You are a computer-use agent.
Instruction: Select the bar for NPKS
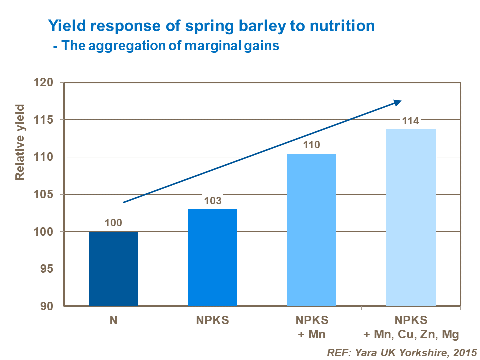[212, 257]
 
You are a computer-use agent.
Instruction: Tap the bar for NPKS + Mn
[311, 230]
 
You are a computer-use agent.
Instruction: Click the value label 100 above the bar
[113, 223]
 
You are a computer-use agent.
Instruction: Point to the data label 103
[212, 200]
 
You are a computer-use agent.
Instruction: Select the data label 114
[411, 120]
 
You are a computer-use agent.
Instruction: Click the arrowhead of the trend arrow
[397, 102]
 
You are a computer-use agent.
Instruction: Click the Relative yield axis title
[20, 142]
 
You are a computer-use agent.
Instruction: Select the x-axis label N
[113, 320]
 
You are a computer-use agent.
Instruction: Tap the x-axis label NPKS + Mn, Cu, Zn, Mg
[411, 327]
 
